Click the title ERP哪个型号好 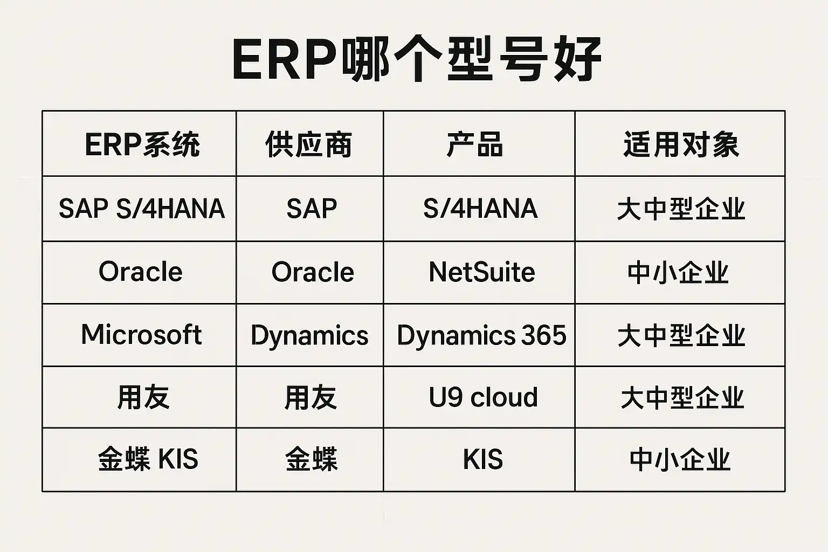coord(416,59)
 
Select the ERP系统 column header coord(142,144)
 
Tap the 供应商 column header coord(309,144)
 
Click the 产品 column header coord(475,144)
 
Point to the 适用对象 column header coord(681,144)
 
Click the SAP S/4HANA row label coord(141,209)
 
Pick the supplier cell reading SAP coord(312,209)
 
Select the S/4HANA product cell coord(480,209)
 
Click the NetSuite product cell coord(482,272)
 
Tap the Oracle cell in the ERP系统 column coord(141,272)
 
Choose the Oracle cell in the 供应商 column coord(313,272)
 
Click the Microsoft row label coord(141,335)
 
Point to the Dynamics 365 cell coord(481,335)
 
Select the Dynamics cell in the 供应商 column coord(309,335)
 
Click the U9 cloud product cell coord(483,398)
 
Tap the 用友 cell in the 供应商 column coord(310,398)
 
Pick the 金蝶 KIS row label coord(148,460)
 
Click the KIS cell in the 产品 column coord(482,460)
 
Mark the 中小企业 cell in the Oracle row coord(678,273)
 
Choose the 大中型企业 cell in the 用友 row coord(682,398)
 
